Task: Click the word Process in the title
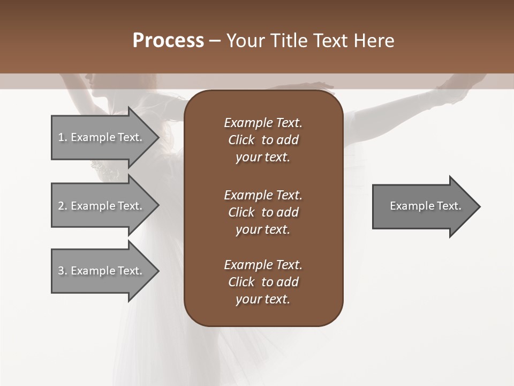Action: (x=168, y=41)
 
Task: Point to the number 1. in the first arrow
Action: (x=63, y=137)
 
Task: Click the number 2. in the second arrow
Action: (x=63, y=206)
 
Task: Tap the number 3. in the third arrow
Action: (x=63, y=271)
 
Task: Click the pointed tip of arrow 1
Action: (x=157, y=137)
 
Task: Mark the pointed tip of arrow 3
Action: (x=157, y=271)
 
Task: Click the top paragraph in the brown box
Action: (x=263, y=140)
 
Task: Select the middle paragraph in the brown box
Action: (x=263, y=212)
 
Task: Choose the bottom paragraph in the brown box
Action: (x=263, y=282)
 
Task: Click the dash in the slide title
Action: (x=215, y=41)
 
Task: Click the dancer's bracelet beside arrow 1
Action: (x=105, y=168)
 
